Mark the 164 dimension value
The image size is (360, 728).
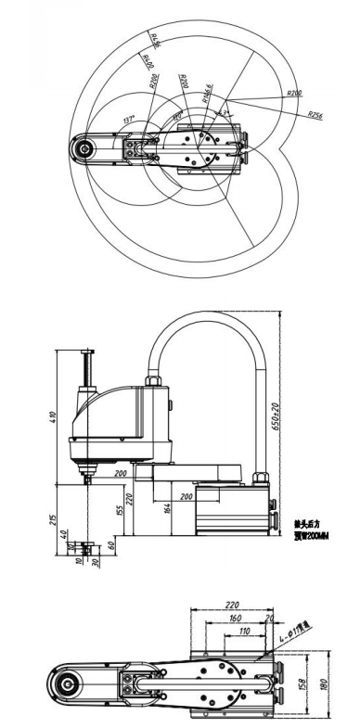pyautogui.click(x=166, y=507)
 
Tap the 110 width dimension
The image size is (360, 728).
pyautogui.click(x=244, y=631)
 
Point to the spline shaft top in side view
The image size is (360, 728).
pyautogui.click(x=89, y=351)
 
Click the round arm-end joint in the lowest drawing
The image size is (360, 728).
pyautogui.click(x=68, y=685)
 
